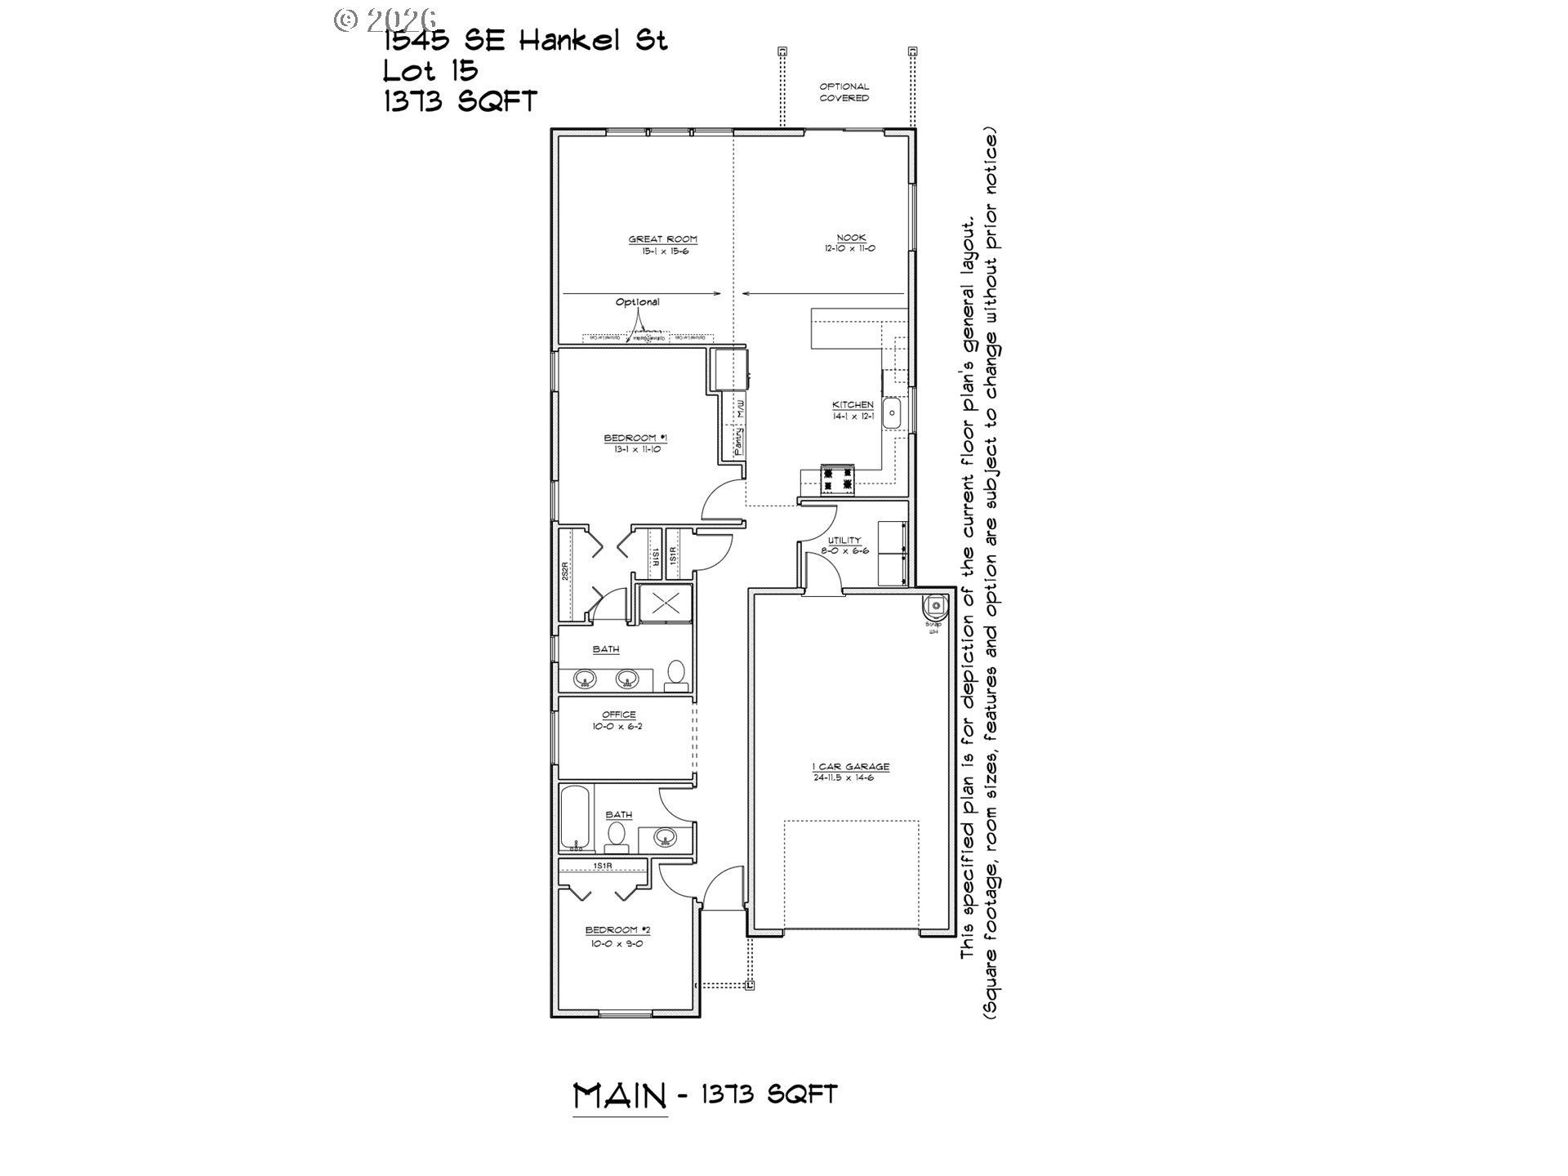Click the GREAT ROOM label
click(x=662, y=239)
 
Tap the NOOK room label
click(x=850, y=238)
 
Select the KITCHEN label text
click(x=853, y=405)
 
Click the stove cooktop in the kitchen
click(x=838, y=479)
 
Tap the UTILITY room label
click(x=844, y=541)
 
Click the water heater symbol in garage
click(x=934, y=606)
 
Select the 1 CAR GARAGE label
click(x=850, y=767)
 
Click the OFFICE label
click(x=618, y=715)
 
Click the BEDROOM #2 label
click(x=617, y=930)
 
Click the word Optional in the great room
click(x=638, y=302)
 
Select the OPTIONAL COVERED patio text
click(x=844, y=92)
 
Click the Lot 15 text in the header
click(x=430, y=71)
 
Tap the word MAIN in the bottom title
click(x=620, y=1096)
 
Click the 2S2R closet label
click(x=564, y=573)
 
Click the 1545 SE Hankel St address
click(x=526, y=40)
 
